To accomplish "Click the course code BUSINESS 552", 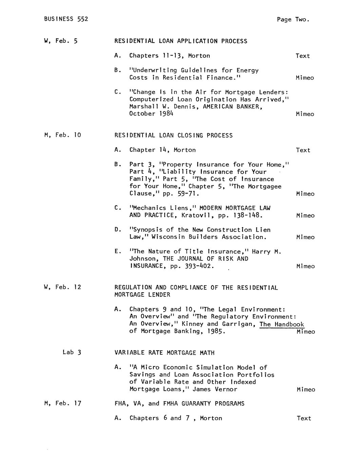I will click(x=66, y=19).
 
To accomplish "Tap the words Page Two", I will click(x=293, y=20).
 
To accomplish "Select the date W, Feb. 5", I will click(x=61, y=41).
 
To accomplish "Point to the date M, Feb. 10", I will click(x=62, y=135).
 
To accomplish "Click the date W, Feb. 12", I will click(x=62, y=287).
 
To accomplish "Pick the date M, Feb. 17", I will click(x=62, y=403).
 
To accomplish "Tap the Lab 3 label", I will click(x=72, y=352).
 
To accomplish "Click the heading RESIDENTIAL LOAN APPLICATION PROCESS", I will click(x=181, y=41).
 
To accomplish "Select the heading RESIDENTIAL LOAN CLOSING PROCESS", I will click(x=173, y=135).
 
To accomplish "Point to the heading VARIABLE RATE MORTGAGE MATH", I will click(x=164, y=353).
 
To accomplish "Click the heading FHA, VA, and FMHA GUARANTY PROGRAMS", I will click(x=179, y=404).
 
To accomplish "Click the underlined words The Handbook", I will click(x=282, y=324).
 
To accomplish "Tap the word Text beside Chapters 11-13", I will click(x=303, y=56).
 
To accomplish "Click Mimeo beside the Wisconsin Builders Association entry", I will click(x=305, y=237).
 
